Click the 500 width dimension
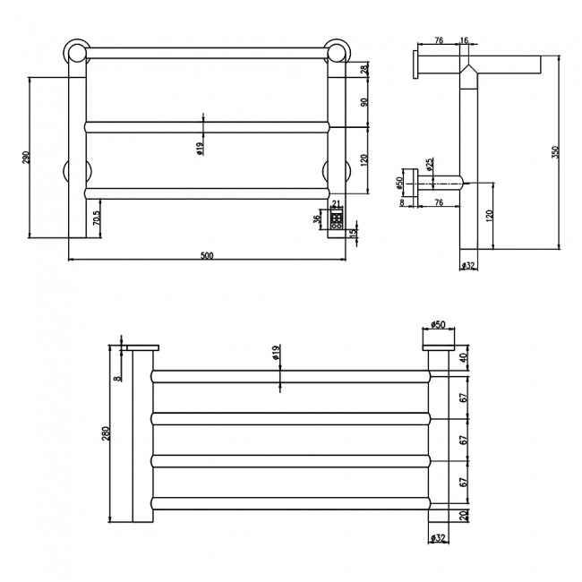pos(207,255)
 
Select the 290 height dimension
pos(27,157)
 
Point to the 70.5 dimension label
pos(96,218)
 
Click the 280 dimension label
pos(106,433)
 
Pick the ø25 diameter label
pos(430,165)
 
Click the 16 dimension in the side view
pos(464,40)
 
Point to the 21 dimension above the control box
pos(337,203)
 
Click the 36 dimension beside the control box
pos(317,218)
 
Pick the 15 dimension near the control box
pos(353,234)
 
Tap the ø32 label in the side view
pos(467,266)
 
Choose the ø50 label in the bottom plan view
pos(438,324)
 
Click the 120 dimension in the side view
pos(489,216)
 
